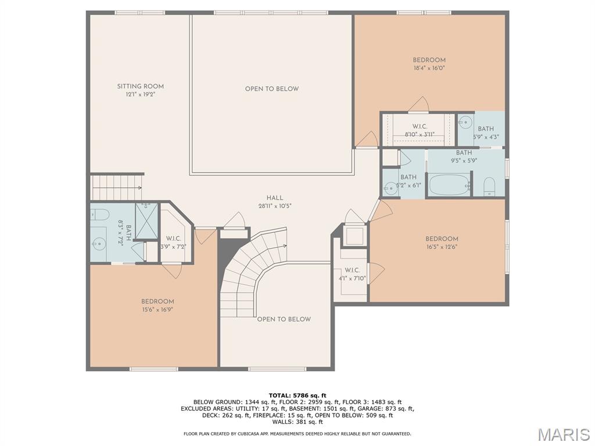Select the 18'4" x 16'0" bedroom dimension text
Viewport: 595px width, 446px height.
click(429, 68)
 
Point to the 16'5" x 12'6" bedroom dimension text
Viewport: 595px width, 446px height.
click(442, 247)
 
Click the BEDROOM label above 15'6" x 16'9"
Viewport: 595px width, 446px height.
click(157, 301)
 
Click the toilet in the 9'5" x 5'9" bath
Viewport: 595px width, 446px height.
click(489, 186)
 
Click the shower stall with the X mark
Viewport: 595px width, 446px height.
click(147, 221)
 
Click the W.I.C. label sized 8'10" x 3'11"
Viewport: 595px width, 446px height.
click(420, 127)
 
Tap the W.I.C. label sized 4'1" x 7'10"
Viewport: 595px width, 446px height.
click(352, 270)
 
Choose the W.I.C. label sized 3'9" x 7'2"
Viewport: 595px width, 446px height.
click(173, 239)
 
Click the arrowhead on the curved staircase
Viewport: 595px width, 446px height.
click(285, 246)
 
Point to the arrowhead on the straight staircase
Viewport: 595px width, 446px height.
click(139, 187)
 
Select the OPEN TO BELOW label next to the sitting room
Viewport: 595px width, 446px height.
click(271, 89)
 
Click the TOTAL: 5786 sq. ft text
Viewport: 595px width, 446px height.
click(297, 395)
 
